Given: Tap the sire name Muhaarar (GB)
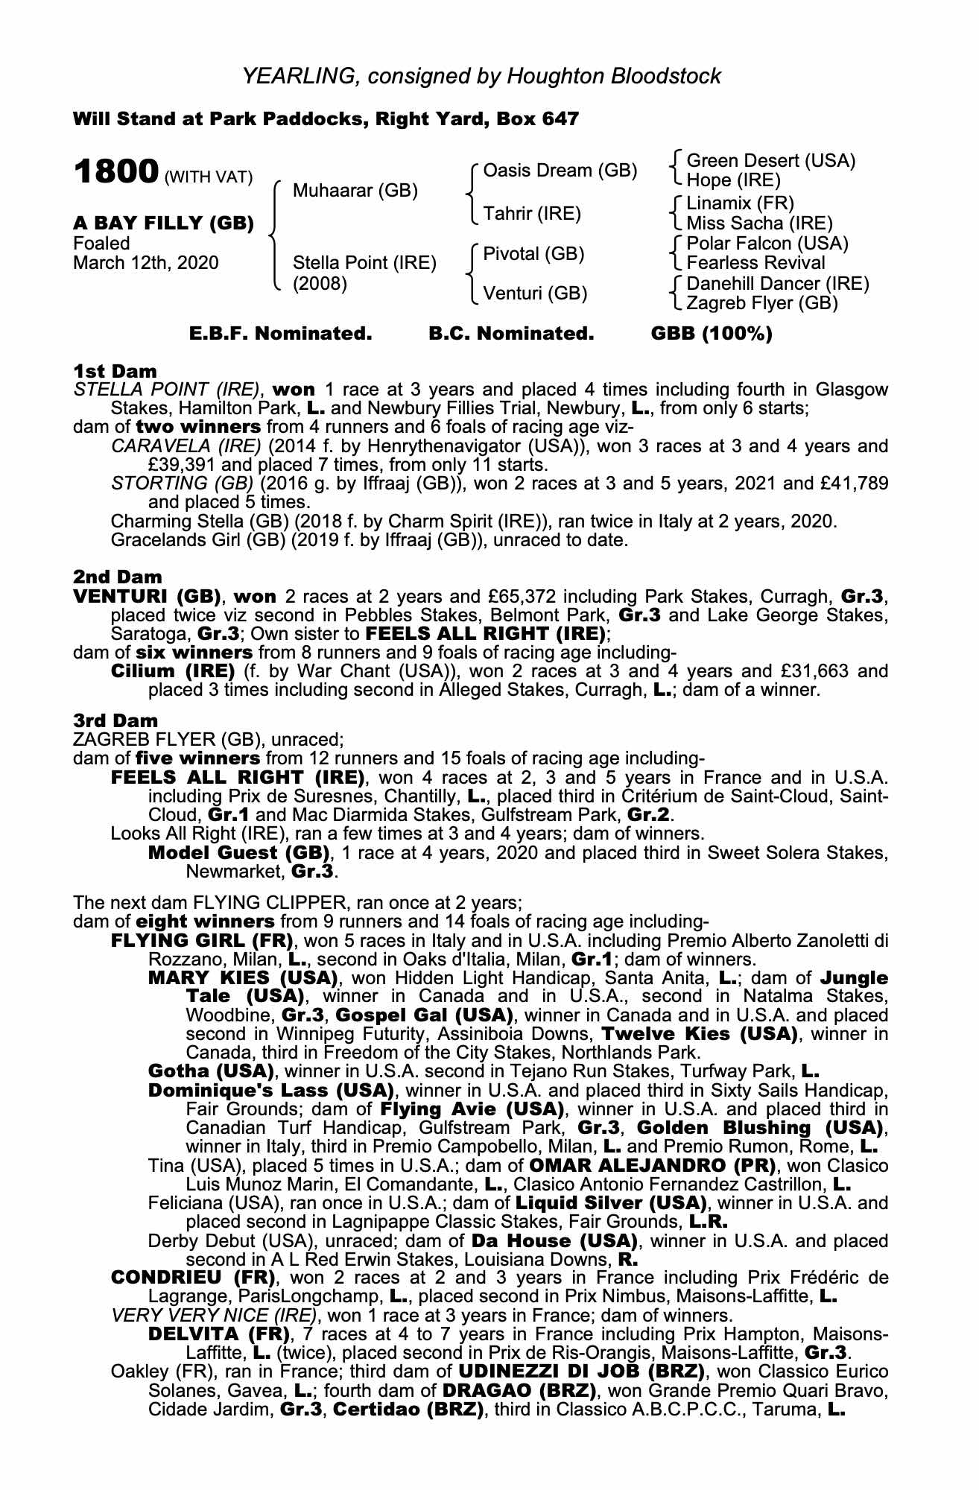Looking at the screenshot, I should pos(355,191).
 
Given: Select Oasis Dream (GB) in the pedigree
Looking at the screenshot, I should pos(560,171).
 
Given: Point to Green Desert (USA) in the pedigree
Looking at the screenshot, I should pos(770,161).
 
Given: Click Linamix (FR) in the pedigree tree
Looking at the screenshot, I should pos(740,203).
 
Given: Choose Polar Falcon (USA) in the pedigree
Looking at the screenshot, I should pos(767,243).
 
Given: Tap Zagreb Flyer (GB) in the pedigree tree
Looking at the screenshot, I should pos(761,303).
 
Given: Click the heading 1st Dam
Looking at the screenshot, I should pos(115,370).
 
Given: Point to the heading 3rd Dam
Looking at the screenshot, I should pos(116,720).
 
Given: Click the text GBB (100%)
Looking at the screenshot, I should pos(712,334).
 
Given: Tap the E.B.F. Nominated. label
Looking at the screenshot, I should pos(280,334).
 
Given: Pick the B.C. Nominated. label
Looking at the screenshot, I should pos(511,334).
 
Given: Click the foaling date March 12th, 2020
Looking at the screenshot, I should pos(146,263).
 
